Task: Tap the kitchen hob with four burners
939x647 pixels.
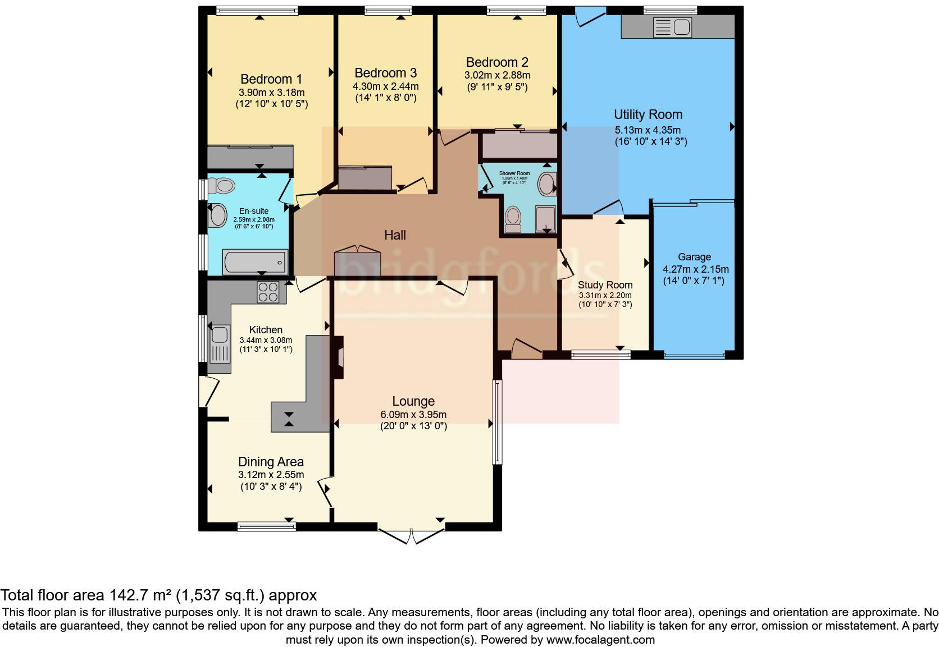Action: pos(268,292)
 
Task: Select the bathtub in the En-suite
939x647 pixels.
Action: pos(255,262)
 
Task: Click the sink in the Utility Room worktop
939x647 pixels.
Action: pos(672,27)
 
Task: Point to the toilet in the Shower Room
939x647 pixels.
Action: pos(513,219)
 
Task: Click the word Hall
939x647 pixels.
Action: pos(395,235)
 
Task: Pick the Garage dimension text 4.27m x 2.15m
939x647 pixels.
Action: pos(695,269)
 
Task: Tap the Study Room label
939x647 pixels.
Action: pos(605,285)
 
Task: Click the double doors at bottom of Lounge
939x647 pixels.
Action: pos(412,536)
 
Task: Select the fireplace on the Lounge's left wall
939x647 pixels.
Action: pos(338,357)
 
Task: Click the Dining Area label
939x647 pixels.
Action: pos(271,462)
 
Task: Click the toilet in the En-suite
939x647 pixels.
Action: pos(224,185)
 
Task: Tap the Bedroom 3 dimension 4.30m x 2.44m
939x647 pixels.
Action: pos(385,86)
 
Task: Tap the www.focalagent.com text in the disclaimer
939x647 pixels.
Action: pos(600,640)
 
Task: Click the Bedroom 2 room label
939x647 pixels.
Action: pos(497,62)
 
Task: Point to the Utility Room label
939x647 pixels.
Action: pos(648,114)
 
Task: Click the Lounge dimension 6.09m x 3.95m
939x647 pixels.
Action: pos(413,415)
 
